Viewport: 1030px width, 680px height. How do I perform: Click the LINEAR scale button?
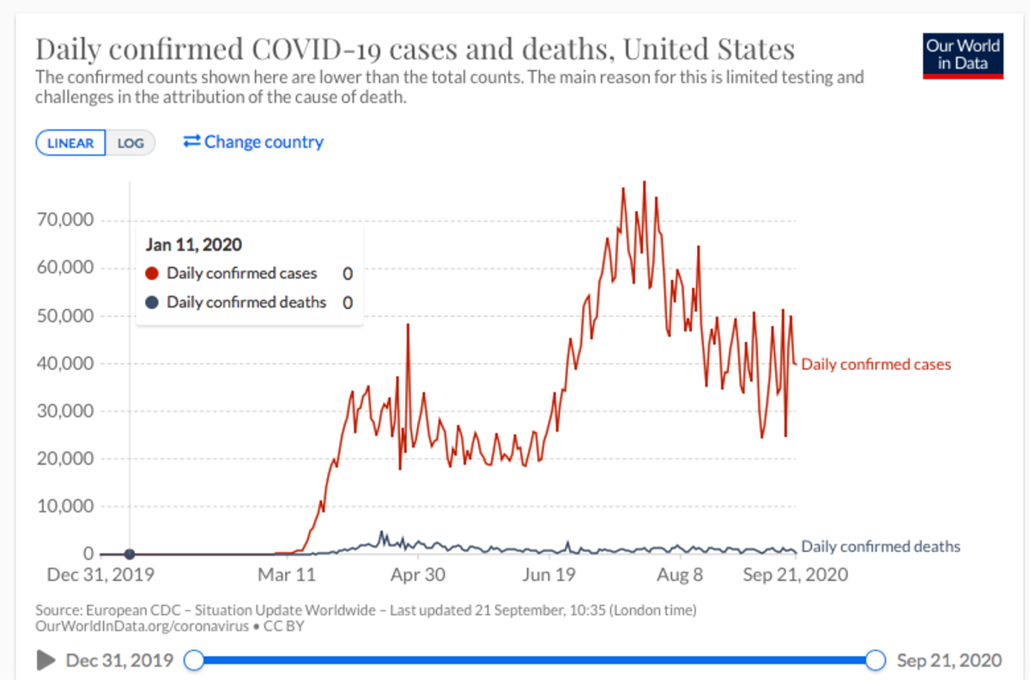(70, 143)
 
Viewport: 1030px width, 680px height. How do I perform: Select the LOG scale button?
(130, 143)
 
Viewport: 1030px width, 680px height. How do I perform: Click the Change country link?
(253, 142)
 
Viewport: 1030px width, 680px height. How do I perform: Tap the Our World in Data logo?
(963, 56)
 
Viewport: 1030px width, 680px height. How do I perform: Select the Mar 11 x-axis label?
(288, 574)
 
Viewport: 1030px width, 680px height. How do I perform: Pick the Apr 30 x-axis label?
(418, 574)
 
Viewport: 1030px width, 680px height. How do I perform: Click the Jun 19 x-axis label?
(548, 574)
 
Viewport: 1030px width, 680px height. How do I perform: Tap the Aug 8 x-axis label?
(679, 574)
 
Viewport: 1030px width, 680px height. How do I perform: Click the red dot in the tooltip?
(153, 274)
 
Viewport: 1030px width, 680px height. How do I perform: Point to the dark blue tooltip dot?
(153, 302)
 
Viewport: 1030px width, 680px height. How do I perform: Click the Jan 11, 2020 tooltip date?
(194, 245)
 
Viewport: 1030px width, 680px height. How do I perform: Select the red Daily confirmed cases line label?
(876, 365)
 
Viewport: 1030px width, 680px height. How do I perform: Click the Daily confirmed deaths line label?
(881, 547)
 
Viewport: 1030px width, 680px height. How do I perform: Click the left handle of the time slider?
(195, 660)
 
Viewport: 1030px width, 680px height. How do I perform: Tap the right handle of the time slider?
(875, 660)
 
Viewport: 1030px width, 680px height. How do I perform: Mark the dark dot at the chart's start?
(130, 554)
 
